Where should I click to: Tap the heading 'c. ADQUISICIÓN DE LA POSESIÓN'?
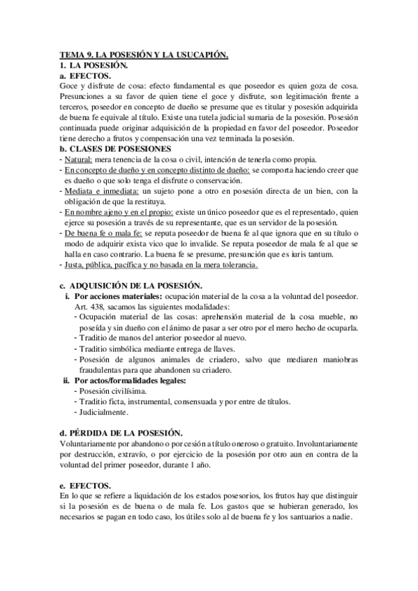pos(131,286)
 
